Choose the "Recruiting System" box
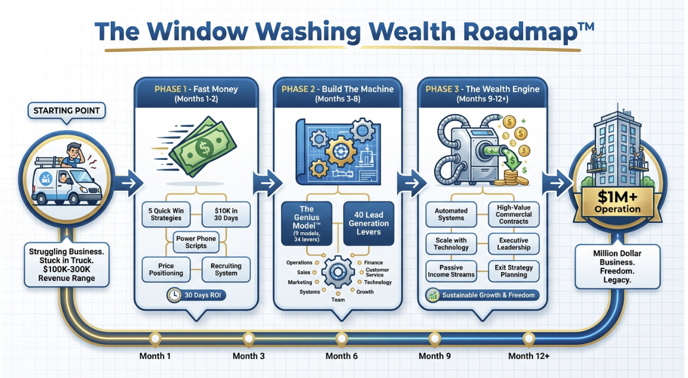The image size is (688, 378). [x=226, y=270]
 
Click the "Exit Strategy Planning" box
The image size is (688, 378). [x=514, y=271]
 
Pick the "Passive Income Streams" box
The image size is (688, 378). [x=451, y=271]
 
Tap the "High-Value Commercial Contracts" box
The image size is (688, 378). [x=514, y=215]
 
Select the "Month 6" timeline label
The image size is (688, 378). [x=342, y=356]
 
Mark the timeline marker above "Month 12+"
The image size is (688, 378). [x=528, y=339]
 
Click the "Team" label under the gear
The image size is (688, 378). [x=342, y=300]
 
